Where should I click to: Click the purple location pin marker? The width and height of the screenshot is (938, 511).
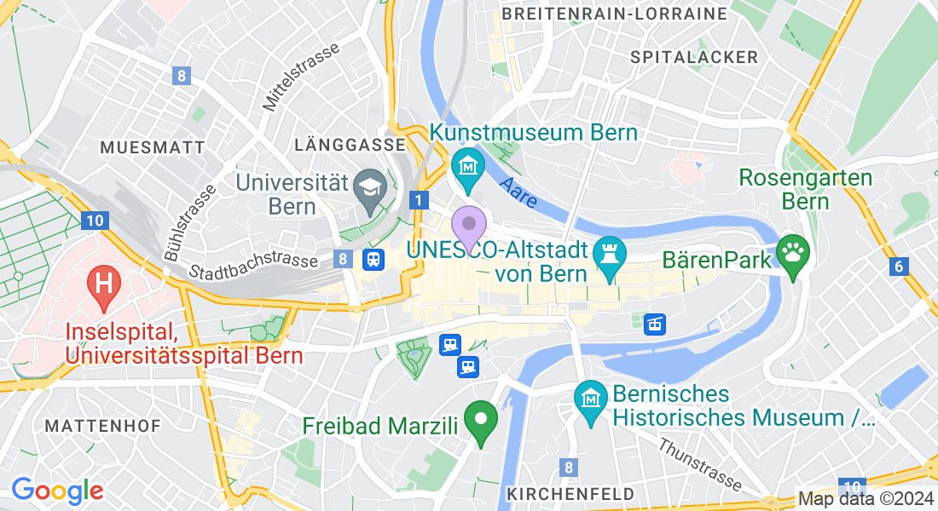468,225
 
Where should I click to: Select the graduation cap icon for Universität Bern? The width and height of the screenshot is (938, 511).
370,185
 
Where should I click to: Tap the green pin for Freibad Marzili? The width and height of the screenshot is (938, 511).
480,421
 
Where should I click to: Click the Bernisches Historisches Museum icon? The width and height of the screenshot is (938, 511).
589,397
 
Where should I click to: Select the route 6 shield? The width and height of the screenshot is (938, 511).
897,267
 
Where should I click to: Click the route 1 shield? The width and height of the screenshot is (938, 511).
419,200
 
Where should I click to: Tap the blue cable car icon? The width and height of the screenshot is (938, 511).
654,324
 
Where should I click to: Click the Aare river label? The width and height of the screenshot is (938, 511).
518,193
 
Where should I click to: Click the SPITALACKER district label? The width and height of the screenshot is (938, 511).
694,57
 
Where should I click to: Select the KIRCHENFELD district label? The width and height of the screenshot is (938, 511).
570,494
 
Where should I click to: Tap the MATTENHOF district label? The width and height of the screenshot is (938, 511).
102,426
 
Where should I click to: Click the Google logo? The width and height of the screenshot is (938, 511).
57,491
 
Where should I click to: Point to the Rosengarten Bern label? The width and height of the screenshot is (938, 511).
806,190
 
